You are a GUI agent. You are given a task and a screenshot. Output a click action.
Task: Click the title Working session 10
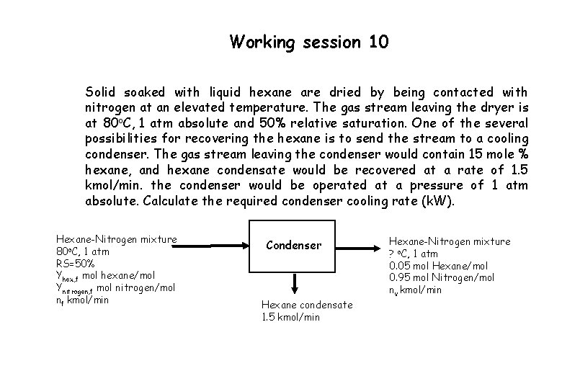309,42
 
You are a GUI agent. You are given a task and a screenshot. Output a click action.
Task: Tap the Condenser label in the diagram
293,245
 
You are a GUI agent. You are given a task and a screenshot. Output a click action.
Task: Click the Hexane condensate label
307,305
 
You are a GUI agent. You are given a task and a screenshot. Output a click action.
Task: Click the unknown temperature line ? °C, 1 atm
423,254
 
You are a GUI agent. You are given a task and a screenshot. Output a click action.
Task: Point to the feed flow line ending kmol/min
82,300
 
